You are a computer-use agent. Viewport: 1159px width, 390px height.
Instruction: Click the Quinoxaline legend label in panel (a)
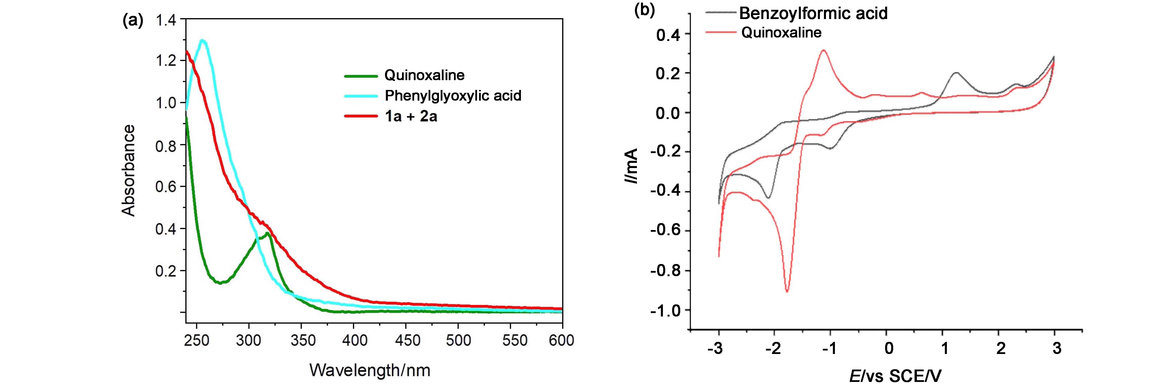(424, 75)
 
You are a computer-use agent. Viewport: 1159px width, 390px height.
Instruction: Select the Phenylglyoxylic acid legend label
(453, 96)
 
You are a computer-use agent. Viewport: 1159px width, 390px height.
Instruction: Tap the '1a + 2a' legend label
(411, 117)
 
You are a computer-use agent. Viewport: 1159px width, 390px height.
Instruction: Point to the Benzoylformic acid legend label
(813, 14)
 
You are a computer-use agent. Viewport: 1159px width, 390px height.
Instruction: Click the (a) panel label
(133, 20)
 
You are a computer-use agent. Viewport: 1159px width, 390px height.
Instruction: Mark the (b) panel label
(644, 10)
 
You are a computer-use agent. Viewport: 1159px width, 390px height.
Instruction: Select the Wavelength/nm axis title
(370, 370)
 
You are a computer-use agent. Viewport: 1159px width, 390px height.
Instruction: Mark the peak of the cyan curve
(203, 40)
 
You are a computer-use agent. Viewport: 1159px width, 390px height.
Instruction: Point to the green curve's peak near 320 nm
(268, 233)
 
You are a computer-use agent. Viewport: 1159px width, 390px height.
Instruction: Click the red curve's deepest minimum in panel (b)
(787, 292)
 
